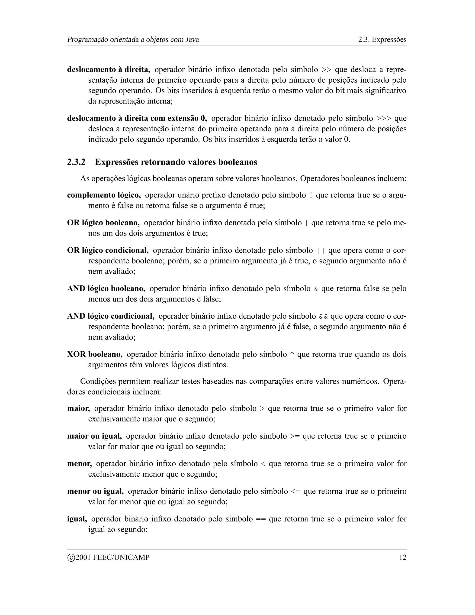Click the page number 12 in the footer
point(403,557)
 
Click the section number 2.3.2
point(76,162)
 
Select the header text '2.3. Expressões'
point(382,39)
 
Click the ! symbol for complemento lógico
point(311,195)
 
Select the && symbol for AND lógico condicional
point(323,317)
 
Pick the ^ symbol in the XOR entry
point(292,354)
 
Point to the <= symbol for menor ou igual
point(295,491)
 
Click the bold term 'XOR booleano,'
point(95,354)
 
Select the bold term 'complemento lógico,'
point(104,195)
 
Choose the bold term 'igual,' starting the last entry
point(77,519)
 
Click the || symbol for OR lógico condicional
point(321,251)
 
